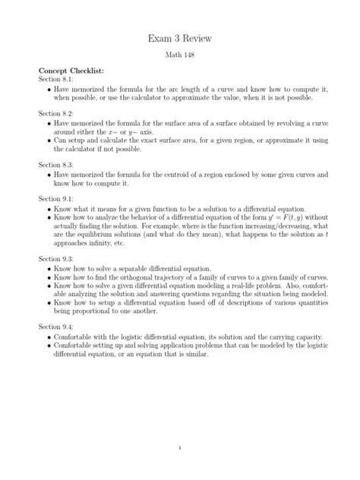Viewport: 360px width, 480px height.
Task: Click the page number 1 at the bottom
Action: click(179, 448)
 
